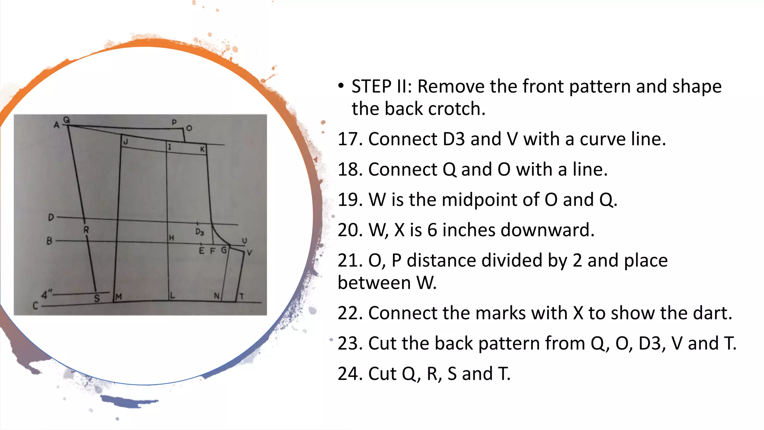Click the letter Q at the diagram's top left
(66, 120)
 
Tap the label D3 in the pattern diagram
(200, 232)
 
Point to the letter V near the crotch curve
(249, 253)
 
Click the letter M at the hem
(118, 297)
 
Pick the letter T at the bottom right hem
(241, 297)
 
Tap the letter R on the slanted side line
(86, 230)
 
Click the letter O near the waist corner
(189, 128)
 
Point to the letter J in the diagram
(126, 142)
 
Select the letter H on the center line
(171, 238)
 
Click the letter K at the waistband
(202, 149)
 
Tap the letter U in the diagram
(244, 241)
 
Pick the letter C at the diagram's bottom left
(35, 306)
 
